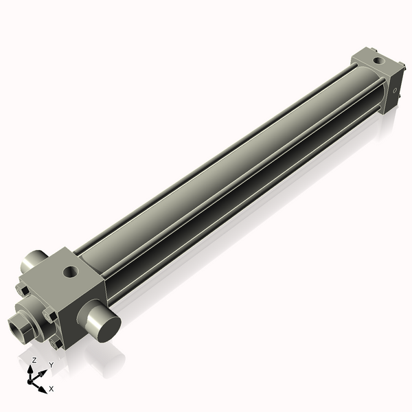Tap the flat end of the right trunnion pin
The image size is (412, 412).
(102, 324)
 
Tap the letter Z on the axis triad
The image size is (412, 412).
(34, 359)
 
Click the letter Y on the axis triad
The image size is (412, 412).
(50, 365)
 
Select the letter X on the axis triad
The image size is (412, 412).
(51, 389)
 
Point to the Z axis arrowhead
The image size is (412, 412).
(32, 368)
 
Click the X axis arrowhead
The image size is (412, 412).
(43, 385)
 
